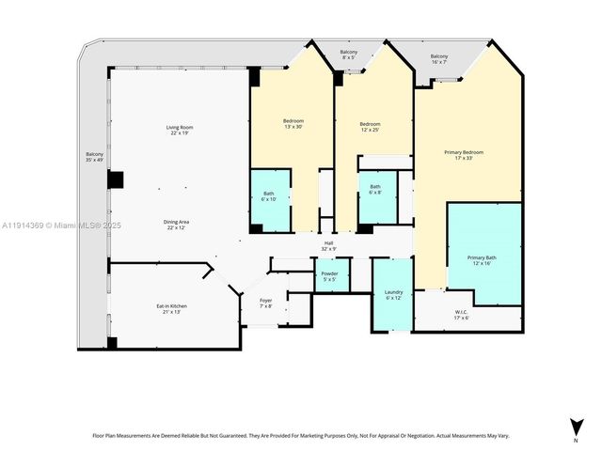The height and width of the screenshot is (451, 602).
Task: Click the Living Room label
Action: (179, 131)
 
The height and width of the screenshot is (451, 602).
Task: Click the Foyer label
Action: (265, 303)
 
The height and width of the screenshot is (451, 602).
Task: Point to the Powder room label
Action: (330, 276)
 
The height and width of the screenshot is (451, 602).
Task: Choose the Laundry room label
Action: (393, 295)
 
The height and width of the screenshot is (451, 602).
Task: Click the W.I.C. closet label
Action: (461, 315)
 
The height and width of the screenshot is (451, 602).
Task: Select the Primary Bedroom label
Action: (464, 155)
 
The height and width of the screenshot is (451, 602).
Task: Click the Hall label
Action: (329, 245)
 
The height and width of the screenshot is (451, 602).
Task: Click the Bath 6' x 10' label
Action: (268, 196)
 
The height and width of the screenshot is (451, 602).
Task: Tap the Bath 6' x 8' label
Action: (375, 189)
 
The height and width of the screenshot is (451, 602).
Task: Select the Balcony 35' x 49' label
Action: (95, 157)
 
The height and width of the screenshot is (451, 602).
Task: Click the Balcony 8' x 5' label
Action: (349, 54)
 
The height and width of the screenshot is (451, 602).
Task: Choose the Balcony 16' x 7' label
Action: (439, 59)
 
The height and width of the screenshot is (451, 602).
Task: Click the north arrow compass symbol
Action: (576, 428)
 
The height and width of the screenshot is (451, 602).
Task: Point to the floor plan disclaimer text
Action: (300, 435)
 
